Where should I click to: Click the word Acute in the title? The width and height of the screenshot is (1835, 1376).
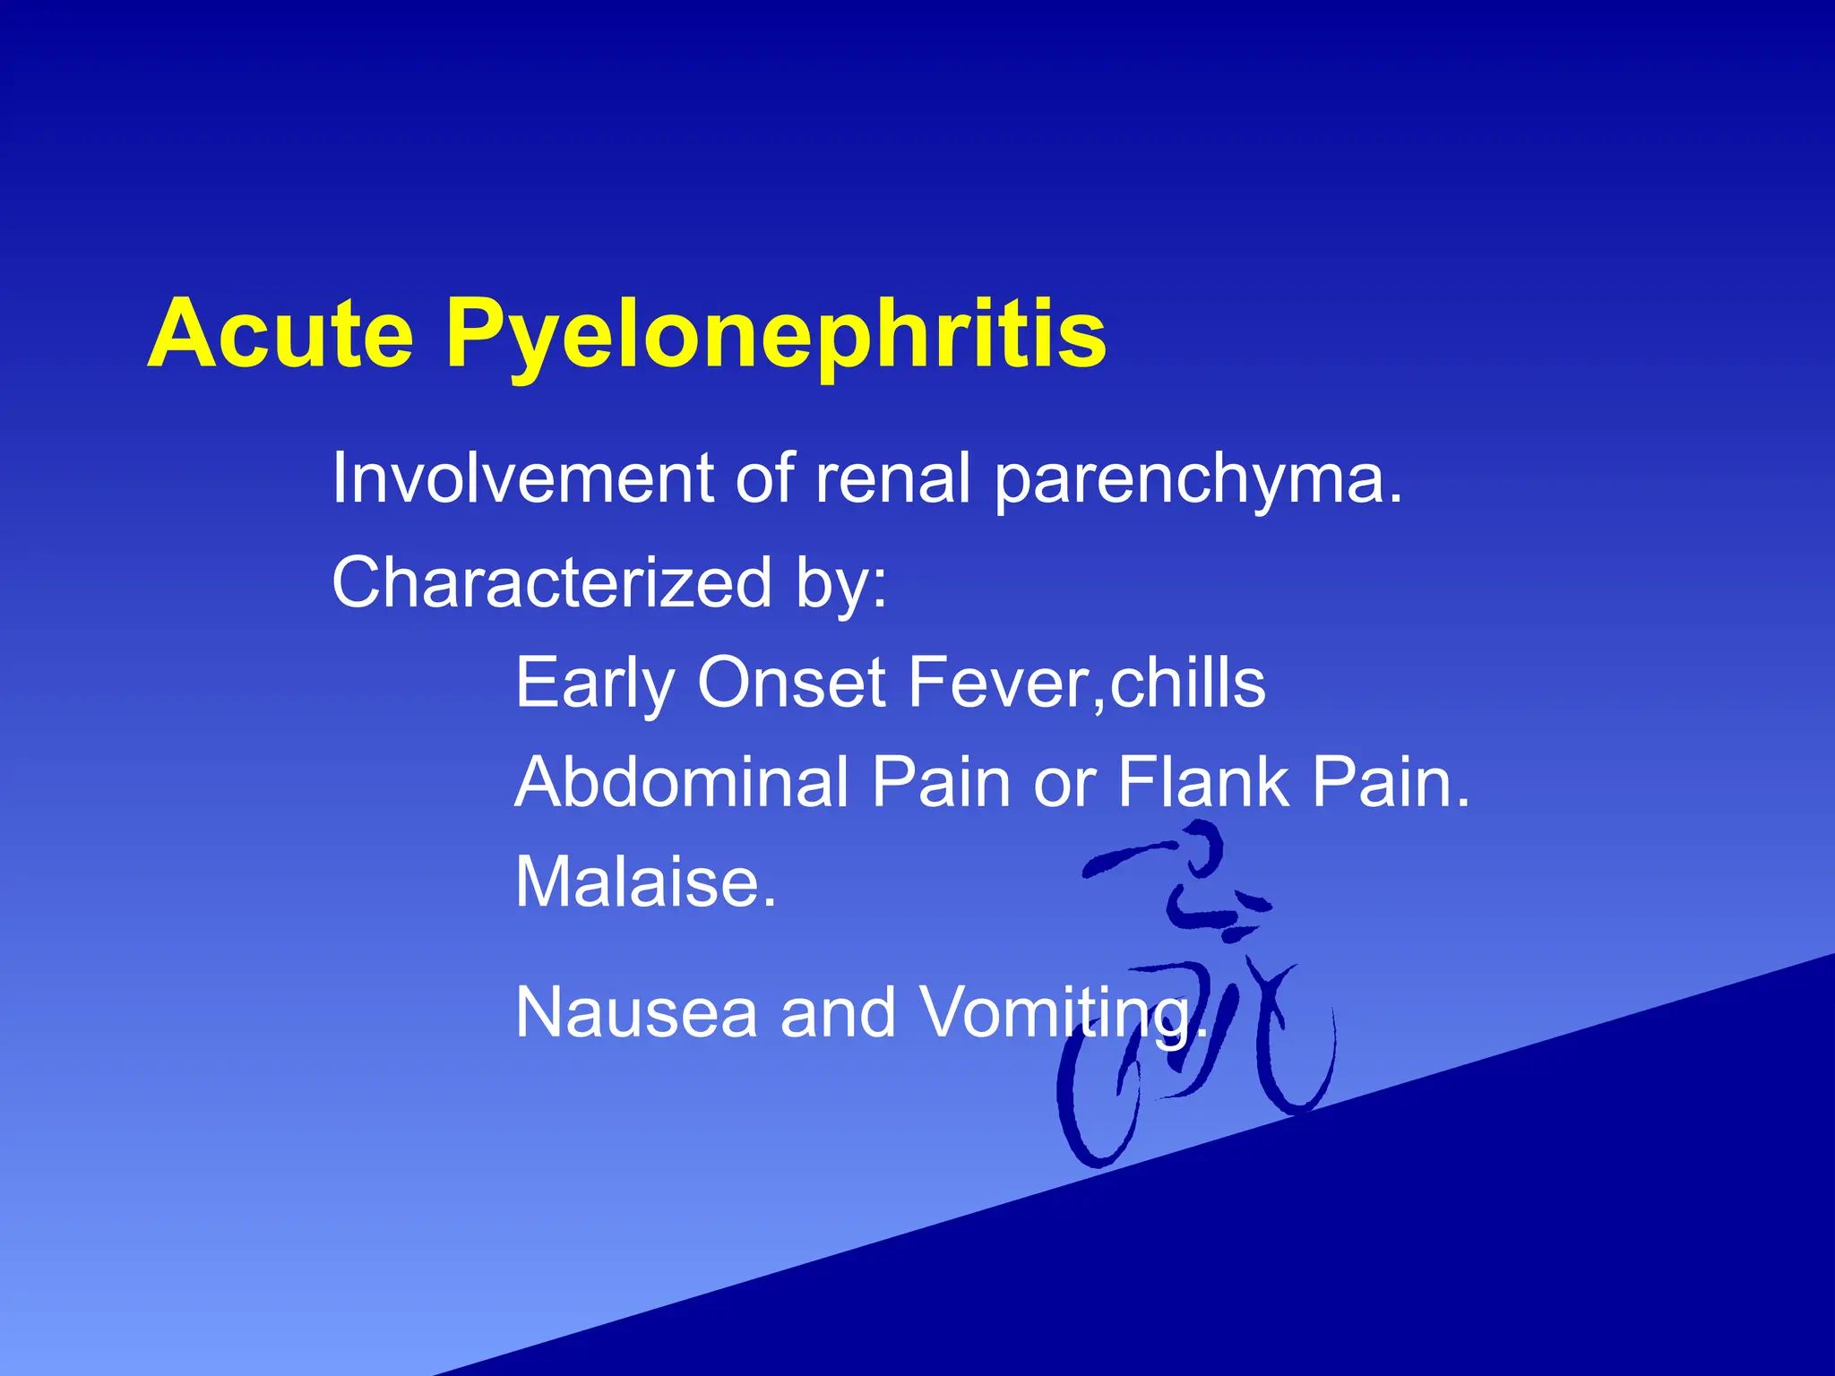click(280, 333)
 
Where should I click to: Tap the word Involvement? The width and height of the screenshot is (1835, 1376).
click(522, 478)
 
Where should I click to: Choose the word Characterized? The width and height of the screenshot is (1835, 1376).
click(551, 582)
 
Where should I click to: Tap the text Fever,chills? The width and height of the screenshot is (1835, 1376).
click(1086, 683)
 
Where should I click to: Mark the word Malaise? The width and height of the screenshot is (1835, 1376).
click(645, 882)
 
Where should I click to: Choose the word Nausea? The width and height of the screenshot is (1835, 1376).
click(636, 1013)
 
